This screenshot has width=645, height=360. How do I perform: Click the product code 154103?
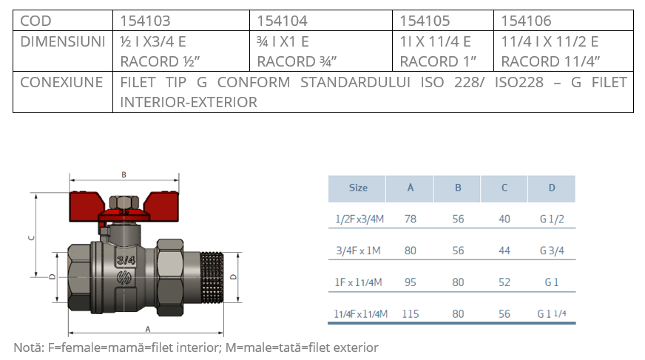[x=145, y=21]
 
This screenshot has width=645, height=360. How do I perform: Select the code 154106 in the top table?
[x=526, y=21]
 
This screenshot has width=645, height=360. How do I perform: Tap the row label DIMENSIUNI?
[x=63, y=41]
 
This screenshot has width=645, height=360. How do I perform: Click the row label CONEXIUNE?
[x=61, y=82]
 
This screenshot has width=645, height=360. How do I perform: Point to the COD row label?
[x=36, y=21]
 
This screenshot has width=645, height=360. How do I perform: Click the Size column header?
[x=358, y=188]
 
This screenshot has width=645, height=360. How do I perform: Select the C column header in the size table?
[x=504, y=188]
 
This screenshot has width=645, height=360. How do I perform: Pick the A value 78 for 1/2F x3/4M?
[x=410, y=219]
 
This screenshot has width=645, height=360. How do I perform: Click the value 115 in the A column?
[x=410, y=314]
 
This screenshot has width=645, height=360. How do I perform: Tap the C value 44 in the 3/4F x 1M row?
[x=504, y=251]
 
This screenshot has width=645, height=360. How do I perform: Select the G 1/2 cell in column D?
[x=552, y=219]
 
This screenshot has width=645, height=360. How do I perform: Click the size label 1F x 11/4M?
[x=358, y=282]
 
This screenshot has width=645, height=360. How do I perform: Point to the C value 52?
[x=504, y=282]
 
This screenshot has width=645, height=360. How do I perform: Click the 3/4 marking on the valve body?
[x=126, y=260]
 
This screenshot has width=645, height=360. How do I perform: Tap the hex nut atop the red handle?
[x=124, y=203]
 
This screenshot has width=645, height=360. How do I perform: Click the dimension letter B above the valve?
[x=124, y=174]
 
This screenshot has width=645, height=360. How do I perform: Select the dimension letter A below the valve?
[x=148, y=329]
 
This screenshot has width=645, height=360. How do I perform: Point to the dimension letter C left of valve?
[x=32, y=237]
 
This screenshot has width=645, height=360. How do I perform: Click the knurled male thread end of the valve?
[x=212, y=277]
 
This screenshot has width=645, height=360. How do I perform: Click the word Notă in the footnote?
[x=28, y=347]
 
